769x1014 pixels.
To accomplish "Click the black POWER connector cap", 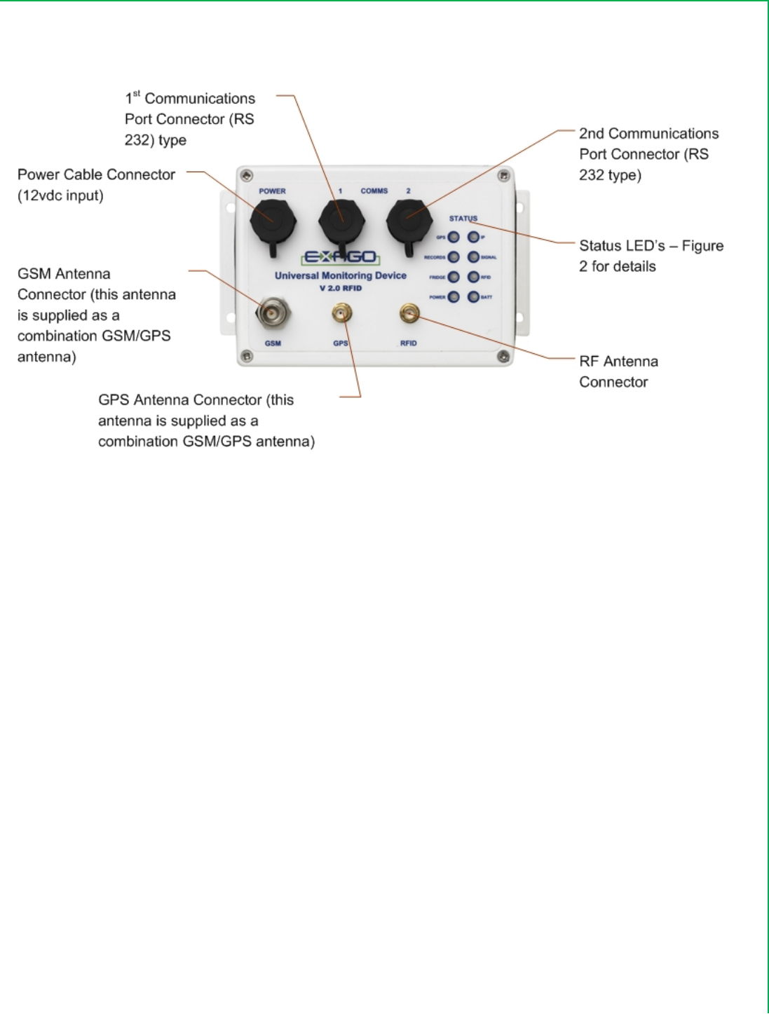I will point(273,219).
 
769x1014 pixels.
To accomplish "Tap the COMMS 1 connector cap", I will point(341,219).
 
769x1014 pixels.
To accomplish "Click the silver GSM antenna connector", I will point(271,313).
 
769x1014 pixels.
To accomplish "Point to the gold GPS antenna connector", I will point(341,313).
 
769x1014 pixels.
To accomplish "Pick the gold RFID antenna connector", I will point(409,313).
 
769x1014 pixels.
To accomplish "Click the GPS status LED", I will point(454,238).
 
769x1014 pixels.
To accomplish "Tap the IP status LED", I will point(473,238).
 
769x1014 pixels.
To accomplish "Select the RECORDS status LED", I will point(454,257).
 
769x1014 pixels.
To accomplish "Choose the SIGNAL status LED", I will point(473,257).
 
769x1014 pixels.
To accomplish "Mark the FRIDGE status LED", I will point(454,278).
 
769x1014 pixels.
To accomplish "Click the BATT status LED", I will point(473,297).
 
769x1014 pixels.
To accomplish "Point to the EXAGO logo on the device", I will point(341,257).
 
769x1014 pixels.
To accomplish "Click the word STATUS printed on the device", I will point(463,219).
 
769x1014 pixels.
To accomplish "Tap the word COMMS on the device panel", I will point(374,191).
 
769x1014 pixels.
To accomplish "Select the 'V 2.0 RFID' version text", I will point(341,288).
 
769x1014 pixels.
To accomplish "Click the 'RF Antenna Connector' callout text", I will point(618,371).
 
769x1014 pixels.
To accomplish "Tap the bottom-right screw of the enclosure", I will point(503,357).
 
